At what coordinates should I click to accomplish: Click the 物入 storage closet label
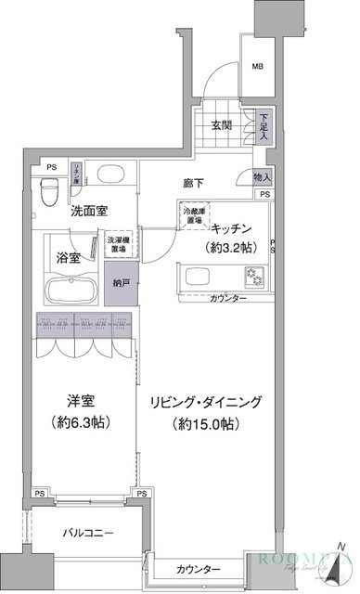(262, 177)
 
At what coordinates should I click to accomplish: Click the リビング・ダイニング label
(209, 402)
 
